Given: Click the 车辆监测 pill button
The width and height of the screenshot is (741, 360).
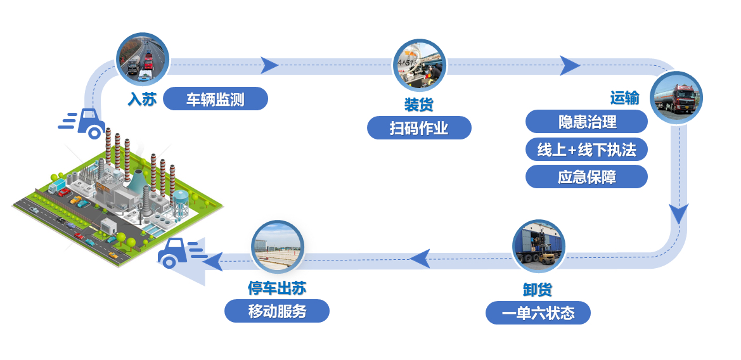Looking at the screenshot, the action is pyautogui.click(x=216, y=99).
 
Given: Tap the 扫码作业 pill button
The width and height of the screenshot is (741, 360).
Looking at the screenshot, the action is pyautogui.click(x=419, y=128).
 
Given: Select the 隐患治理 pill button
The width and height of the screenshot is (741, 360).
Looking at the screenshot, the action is pyautogui.click(x=586, y=122).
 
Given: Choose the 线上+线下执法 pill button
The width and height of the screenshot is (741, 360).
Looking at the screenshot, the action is pyautogui.click(x=586, y=150).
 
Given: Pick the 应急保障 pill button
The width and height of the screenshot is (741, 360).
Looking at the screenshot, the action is pyautogui.click(x=586, y=177).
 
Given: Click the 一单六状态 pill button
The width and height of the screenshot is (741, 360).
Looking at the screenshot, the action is pyautogui.click(x=538, y=312).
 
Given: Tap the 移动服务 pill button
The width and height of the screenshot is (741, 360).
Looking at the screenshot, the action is pyautogui.click(x=277, y=311).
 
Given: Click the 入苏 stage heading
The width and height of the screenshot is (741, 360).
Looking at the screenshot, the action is pyautogui.click(x=142, y=100).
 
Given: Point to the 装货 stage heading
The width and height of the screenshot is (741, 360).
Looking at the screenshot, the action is pyautogui.click(x=419, y=104).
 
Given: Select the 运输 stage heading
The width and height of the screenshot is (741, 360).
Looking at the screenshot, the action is pyautogui.click(x=625, y=98).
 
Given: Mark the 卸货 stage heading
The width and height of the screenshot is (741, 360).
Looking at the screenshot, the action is pyautogui.click(x=538, y=290).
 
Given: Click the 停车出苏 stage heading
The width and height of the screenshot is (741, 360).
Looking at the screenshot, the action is pyautogui.click(x=277, y=288).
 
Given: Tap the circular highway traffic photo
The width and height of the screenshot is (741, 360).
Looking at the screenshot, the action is pyautogui.click(x=143, y=58).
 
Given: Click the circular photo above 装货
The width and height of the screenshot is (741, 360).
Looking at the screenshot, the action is pyautogui.click(x=419, y=65).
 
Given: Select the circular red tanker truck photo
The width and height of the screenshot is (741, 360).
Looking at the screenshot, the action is pyautogui.click(x=676, y=98).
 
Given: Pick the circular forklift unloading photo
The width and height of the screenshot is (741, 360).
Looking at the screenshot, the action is pyautogui.click(x=539, y=246).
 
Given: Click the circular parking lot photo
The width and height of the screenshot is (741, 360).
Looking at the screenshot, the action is pyautogui.click(x=277, y=247).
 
